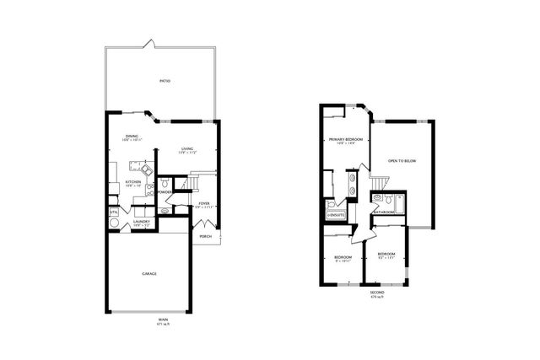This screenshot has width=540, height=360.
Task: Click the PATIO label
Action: pyautogui.click(x=165, y=82)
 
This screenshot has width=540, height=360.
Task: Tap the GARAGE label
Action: pyautogui.click(x=148, y=273)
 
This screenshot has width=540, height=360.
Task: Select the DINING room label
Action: pyautogui.click(x=132, y=137)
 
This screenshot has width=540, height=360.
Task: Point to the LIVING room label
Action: pyautogui.click(x=186, y=149)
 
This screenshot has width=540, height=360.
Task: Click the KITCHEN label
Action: pyautogui.click(x=132, y=181)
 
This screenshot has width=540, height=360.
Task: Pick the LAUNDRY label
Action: pyautogui.click(x=141, y=221)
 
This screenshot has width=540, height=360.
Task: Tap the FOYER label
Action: pyautogui.click(x=203, y=203)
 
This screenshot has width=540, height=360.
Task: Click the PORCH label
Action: pyautogui.click(x=205, y=236)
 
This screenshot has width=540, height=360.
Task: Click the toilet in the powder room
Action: pyautogui.click(x=165, y=183)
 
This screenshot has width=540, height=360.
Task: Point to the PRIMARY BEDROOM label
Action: pyautogui.click(x=346, y=138)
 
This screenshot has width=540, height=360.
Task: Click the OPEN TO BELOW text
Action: pyautogui.click(x=402, y=160)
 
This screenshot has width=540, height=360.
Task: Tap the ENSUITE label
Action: pyautogui.click(x=336, y=215)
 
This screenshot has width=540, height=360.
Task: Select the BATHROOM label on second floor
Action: pyautogui.click(x=386, y=212)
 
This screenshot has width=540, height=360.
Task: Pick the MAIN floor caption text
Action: pyautogui.click(x=163, y=320)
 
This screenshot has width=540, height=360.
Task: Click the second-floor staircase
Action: pyautogui.click(x=378, y=180)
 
